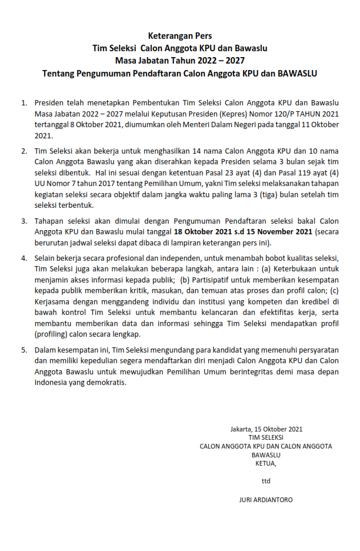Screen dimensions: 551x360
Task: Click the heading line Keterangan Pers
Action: coord(180,36)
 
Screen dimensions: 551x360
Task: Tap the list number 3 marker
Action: coord(24,221)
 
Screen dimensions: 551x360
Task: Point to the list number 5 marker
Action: coord(24,350)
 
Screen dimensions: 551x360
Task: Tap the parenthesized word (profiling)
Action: coord(52,334)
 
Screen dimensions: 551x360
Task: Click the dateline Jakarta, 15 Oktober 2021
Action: coord(266,429)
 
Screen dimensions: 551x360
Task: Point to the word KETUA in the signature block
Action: coord(265,463)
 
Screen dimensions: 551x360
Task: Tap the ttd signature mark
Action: coord(266,481)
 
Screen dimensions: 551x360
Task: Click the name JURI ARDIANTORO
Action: coord(266,500)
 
